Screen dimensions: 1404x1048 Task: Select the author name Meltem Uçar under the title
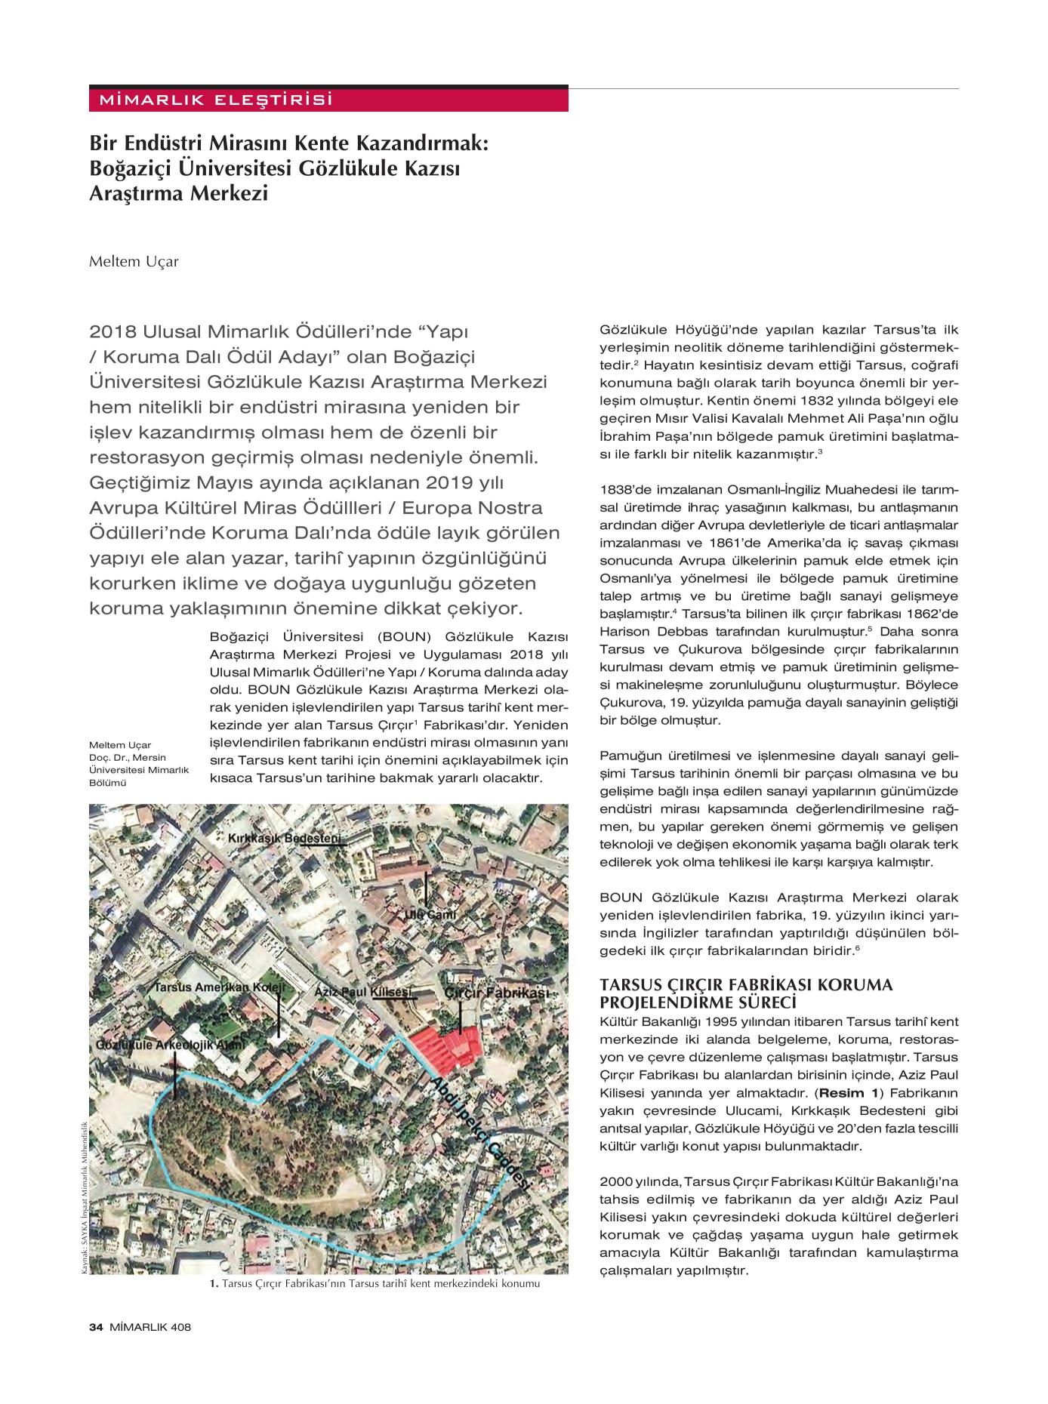point(134,262)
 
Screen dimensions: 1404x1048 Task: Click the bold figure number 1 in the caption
point(214,1283)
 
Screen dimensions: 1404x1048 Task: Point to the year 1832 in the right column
point(756,401)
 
